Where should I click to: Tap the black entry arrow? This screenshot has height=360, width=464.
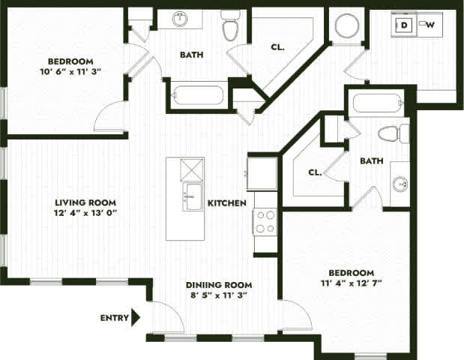click(x=136, y=317)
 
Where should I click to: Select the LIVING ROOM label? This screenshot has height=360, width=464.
click(x=84, y=202)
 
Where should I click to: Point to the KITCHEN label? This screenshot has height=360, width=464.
click(x=227, y=203)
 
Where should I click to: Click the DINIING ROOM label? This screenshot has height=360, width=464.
click(x=219, y=285)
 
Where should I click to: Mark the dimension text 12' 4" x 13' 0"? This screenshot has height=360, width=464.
click(x=84, y=213)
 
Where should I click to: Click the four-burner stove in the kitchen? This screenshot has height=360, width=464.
click(x=265, y=222)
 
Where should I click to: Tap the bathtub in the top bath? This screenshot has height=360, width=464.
click(x=198, y=96)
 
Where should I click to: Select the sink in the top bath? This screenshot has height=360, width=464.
click(x=180, y=19)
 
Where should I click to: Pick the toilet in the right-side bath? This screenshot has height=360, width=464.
click(x=393, y=134)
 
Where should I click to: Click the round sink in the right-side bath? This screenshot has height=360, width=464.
click(x=400, y=183)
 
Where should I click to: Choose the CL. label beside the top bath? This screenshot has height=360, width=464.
click(x=278, y=46)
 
